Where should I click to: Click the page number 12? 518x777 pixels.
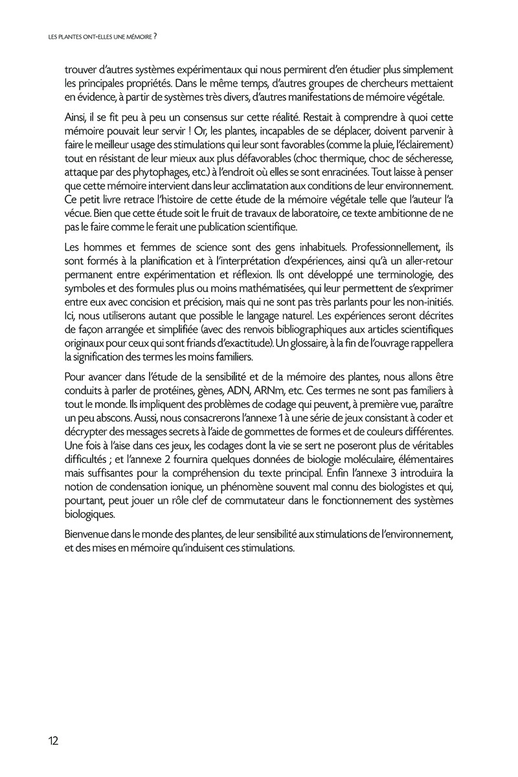point(53,741)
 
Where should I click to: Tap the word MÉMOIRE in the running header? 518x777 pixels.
point(135,37)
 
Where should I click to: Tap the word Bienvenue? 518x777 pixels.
point(89,535)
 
